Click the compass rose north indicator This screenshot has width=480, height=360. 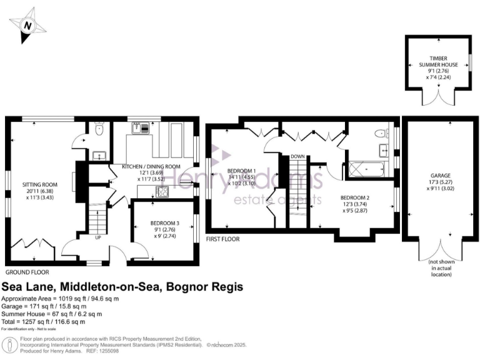pos(27,26)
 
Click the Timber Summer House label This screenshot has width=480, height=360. pos(437,67)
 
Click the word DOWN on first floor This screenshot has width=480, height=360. pos(297,156)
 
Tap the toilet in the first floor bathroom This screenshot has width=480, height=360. pos(379,134)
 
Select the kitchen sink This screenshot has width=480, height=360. pos(139,129)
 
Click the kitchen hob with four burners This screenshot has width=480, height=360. pos(161,192)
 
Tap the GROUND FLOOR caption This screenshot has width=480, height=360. pos(28,273)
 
